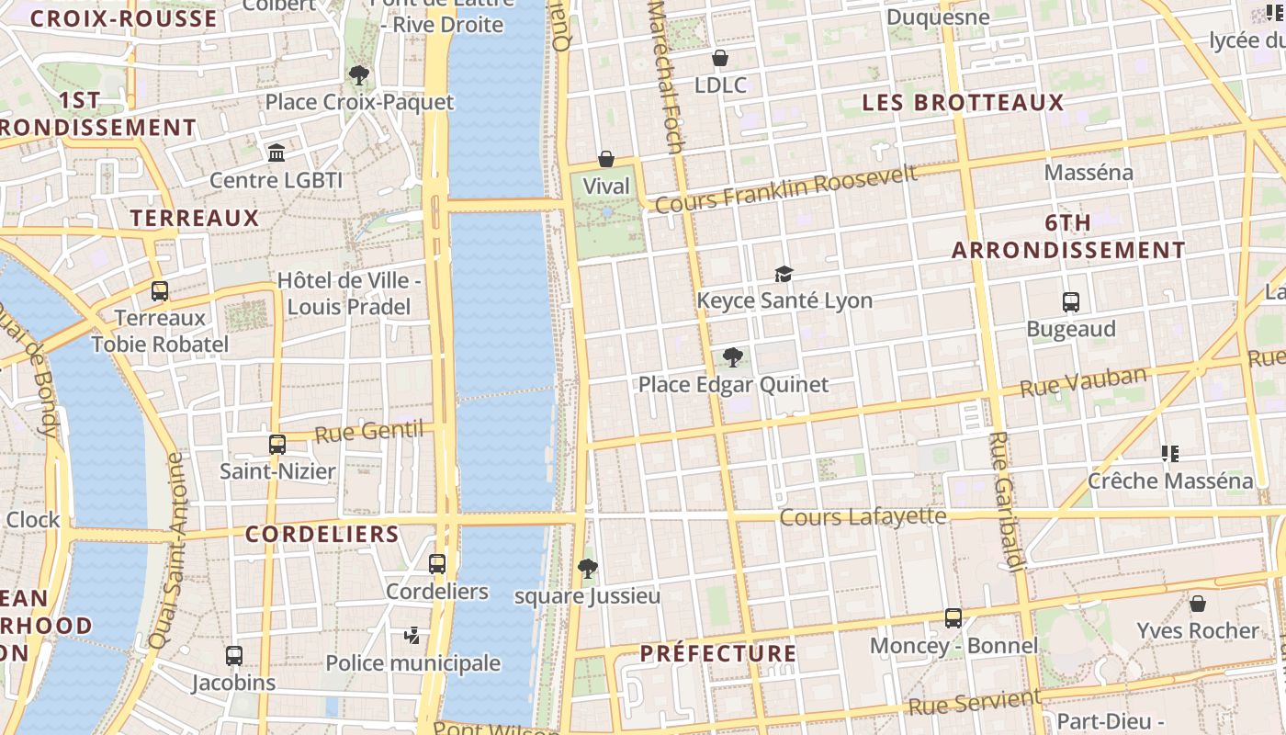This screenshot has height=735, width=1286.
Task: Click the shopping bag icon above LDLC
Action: tap(720, 59)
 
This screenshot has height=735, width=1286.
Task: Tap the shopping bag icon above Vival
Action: tap(606, 159)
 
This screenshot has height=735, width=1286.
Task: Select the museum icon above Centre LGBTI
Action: tap(276, 153)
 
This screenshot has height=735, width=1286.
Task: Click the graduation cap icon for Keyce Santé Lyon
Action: tap(784, 274)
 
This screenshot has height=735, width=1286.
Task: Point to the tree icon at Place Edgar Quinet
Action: tap(733, 357)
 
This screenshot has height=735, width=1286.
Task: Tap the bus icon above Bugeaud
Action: tap(1070, 301)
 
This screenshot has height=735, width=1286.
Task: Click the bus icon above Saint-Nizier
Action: tap(277, 445)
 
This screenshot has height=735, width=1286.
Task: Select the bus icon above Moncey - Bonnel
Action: tap(953, 618)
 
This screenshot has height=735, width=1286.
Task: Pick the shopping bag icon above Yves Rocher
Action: tap(1198, 604)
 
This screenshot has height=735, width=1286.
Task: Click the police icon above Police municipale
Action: tap(412, 635)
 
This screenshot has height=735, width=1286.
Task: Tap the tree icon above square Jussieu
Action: tap(588, 569)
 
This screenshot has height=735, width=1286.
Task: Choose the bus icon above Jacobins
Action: tap(234, 656)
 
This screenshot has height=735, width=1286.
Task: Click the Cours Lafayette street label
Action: tap(863, 517)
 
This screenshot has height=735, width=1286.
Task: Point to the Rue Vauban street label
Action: tap(1084, 381)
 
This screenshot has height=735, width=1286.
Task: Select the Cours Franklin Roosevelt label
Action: tap(785, 188)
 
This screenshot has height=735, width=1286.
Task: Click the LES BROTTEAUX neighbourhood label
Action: tap(963, 103)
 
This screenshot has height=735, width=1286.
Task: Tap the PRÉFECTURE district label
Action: tap(718, 653)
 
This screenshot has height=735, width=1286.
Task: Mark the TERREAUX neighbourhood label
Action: tap(195, 218)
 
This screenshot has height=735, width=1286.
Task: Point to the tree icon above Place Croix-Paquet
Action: tap(359, 75)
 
